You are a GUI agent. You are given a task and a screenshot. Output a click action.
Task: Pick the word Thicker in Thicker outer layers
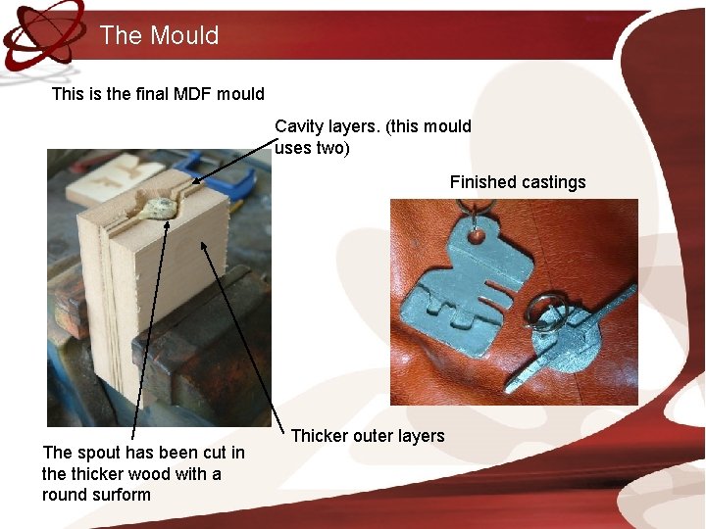320,436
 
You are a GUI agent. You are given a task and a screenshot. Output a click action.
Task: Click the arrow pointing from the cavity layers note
235,162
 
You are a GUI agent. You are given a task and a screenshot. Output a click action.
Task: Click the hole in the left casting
477,235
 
